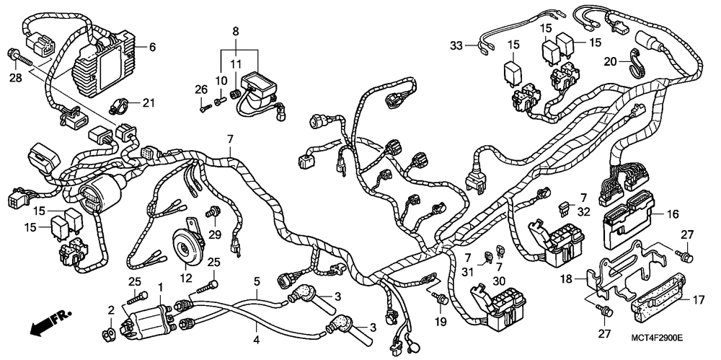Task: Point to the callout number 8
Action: pyautogui.click(x=234, y=31)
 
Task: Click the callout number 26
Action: pyautogui.click(x=200, y=89)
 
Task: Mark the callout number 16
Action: pyautogui.click(x=673, y=214)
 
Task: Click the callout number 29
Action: pyautogui.click(x=213, y=234)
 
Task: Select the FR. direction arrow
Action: pyautogui.click(x=47, y=322)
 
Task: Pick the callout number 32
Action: pyautogui.click(x=583, y=214)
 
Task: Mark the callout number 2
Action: pyautogui.click(x=111, y=310)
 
